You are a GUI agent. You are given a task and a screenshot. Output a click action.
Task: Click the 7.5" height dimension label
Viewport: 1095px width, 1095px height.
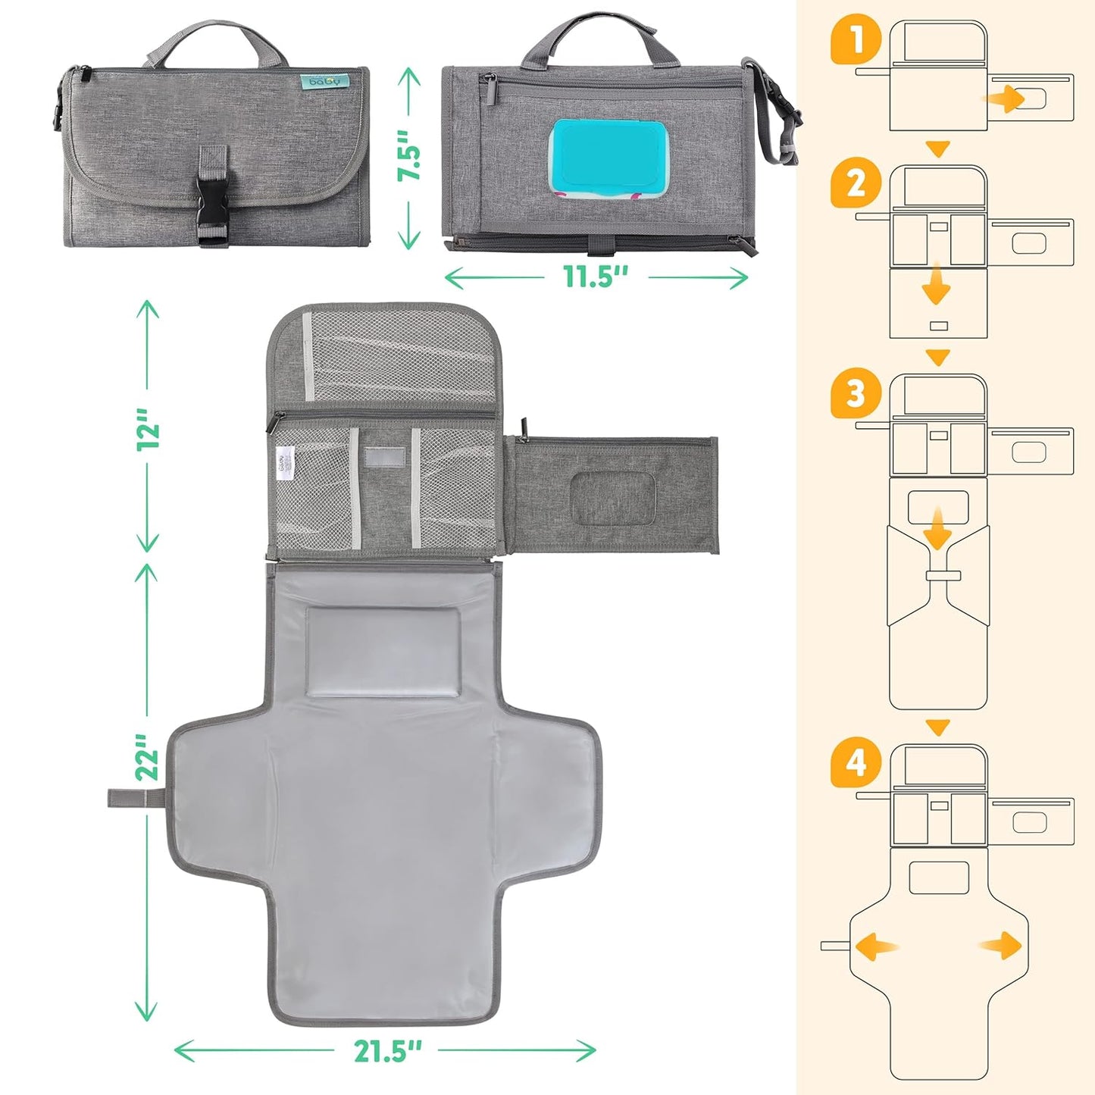(410, 156)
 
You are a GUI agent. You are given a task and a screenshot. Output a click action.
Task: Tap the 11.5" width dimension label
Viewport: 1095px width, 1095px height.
(596, 277)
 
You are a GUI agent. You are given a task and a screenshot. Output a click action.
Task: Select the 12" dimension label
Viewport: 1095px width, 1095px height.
(149, 429)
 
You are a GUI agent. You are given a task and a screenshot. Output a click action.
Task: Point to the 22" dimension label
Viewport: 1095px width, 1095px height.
(149, 756)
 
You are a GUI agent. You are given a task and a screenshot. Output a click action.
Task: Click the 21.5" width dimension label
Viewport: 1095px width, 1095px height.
(386, 1051)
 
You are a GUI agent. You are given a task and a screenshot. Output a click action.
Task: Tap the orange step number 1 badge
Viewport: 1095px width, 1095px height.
(856, 40)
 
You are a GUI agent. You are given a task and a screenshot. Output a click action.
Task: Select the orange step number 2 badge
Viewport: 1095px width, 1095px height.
(856, 184)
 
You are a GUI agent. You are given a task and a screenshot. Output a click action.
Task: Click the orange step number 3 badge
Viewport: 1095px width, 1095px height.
(856, 394)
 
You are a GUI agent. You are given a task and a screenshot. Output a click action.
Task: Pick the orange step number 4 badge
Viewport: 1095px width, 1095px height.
(856, 762)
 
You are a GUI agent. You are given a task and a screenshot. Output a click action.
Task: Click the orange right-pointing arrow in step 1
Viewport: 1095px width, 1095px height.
(1004, 99)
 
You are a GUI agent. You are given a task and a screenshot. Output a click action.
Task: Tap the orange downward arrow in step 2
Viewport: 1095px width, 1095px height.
(937, 283)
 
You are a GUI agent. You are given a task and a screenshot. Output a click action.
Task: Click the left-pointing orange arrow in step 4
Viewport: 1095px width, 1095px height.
(876, 946)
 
